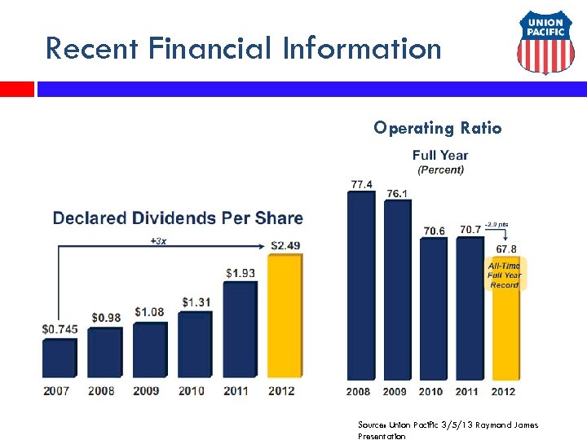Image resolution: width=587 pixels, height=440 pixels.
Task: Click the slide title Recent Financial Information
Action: click(243, 48)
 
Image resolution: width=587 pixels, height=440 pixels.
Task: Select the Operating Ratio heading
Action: click(437, 128)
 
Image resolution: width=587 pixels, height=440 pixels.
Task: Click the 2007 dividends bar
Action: click(59, 358)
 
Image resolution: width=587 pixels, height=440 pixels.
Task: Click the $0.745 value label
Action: click(59, 329)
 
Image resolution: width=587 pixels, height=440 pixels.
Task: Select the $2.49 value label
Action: click(285, 245)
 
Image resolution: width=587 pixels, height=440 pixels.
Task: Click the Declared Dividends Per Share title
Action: click(178, 218)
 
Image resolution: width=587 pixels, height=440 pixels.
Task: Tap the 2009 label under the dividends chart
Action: click(146, 390)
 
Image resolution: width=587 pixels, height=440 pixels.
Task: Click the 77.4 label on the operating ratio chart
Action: click(361, 185)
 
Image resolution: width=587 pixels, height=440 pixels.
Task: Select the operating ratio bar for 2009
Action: click(398, 289)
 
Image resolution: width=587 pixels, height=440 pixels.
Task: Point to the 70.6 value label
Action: click(434, 231)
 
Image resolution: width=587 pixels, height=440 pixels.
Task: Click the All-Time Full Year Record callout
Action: click(505, 275)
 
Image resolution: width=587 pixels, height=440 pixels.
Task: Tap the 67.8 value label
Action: click(505, 249)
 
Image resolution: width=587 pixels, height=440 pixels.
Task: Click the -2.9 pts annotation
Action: click(497, 223)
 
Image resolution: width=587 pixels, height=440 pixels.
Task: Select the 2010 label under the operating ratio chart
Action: click(431, 391)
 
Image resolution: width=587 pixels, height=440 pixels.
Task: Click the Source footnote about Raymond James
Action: click(448, 430)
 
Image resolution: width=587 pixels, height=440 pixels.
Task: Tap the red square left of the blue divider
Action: click(16, 89)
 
